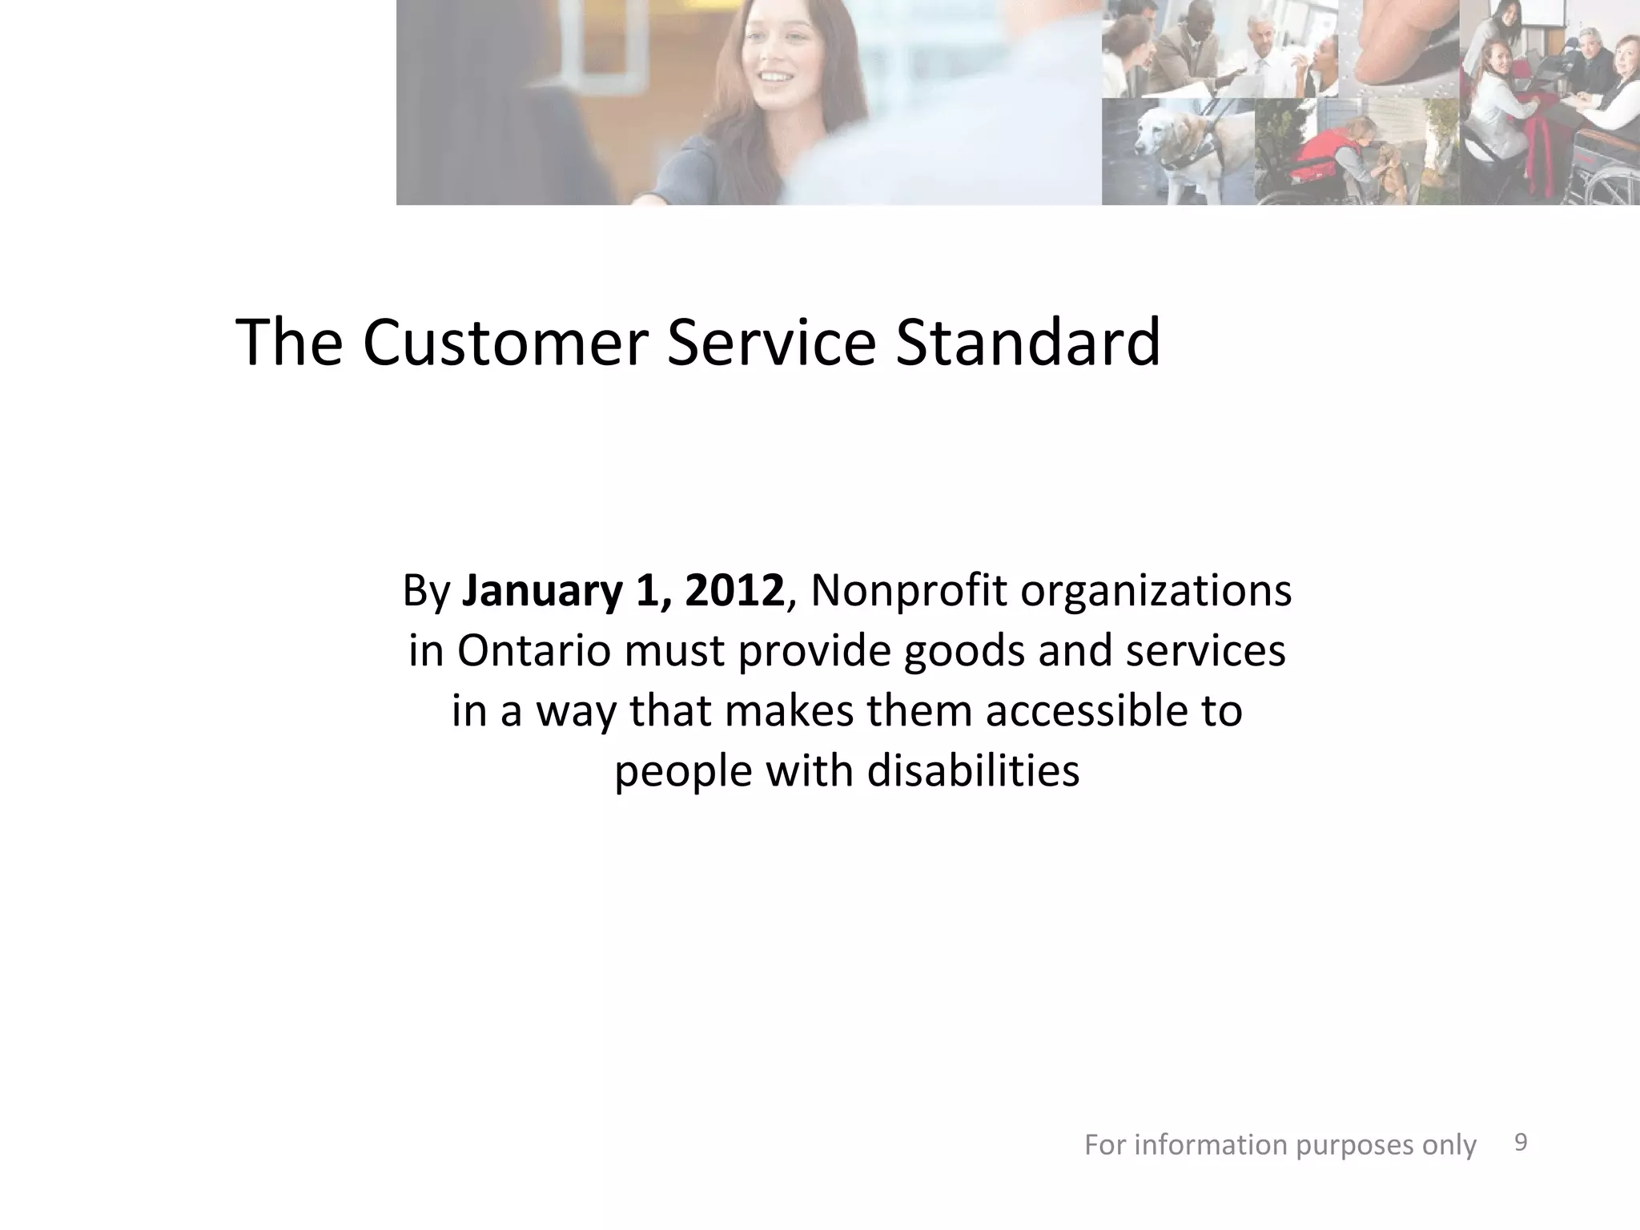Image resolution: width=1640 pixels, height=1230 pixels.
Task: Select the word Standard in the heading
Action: pos(1027,343)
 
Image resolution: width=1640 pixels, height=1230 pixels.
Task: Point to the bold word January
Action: pos(542,591)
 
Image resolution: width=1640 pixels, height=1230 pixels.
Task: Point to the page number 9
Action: pos(1521,1143)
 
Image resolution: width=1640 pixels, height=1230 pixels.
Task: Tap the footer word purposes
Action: pos(1353,1145)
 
